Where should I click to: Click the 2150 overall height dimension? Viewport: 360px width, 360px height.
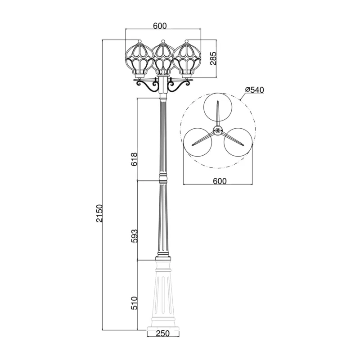[x=99, y=213]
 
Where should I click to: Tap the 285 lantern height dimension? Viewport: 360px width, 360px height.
[x=213, y=58]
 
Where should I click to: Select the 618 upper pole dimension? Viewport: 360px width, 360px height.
[x=134, y=159]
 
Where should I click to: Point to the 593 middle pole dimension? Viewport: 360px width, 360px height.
[x=134, y=236]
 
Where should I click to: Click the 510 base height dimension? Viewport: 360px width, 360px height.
[x=134, y=303]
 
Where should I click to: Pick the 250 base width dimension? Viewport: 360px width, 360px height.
[x=163, y=333]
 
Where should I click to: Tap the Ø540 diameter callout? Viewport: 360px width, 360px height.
[x=254, y=90]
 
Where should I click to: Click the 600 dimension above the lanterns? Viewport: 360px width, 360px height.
[x=160, y=26]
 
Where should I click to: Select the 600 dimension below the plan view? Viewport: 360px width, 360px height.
[x=220, y=181]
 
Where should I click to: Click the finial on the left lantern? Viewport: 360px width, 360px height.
[x=139, y=41]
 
